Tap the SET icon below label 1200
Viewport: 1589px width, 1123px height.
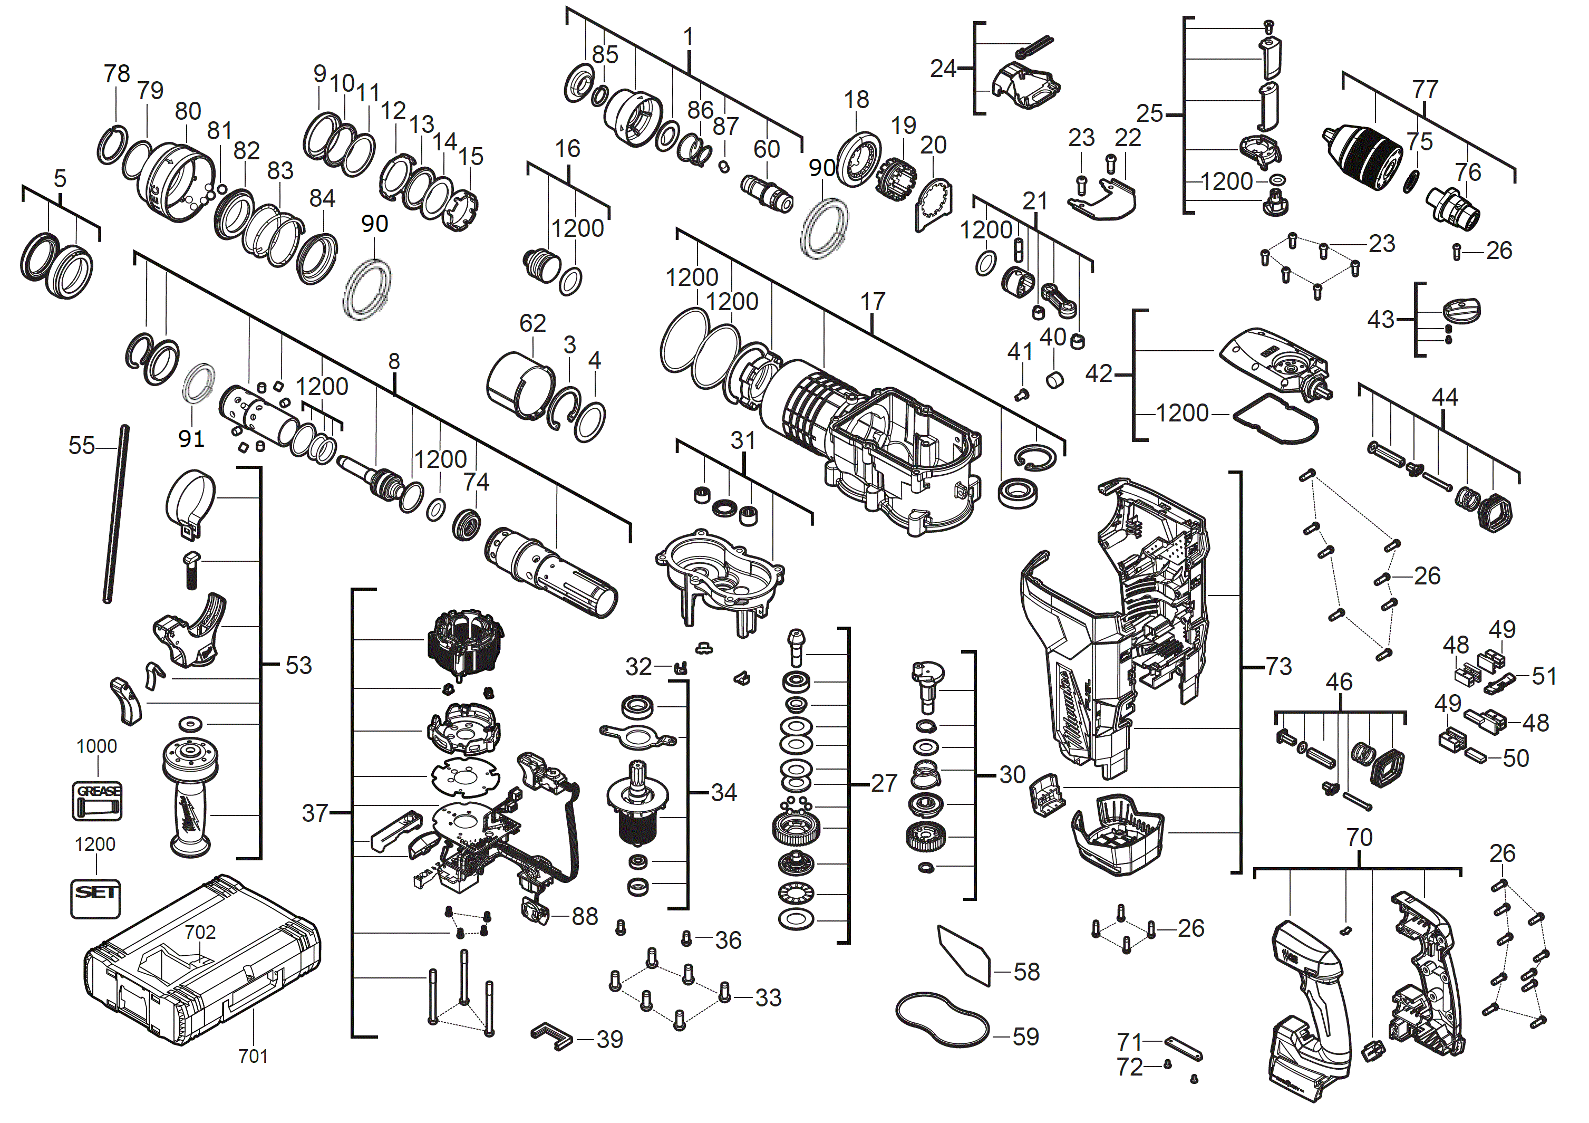coord(95,898)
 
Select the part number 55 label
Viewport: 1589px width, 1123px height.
coord(81,445)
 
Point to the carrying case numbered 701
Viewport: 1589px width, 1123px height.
coord(201,962)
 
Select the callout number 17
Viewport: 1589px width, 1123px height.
coord(873,301)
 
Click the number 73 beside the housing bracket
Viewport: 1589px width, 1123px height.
coord(1279,666)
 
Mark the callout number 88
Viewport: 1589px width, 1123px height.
coord(585,916)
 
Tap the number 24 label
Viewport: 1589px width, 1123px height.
coord(943,69)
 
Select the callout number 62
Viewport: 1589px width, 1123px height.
coord(532,323)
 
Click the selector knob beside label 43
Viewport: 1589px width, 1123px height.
coord(1461,310)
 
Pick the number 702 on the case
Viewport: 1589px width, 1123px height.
coord(200,932)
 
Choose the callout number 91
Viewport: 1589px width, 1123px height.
coord(191,438)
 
